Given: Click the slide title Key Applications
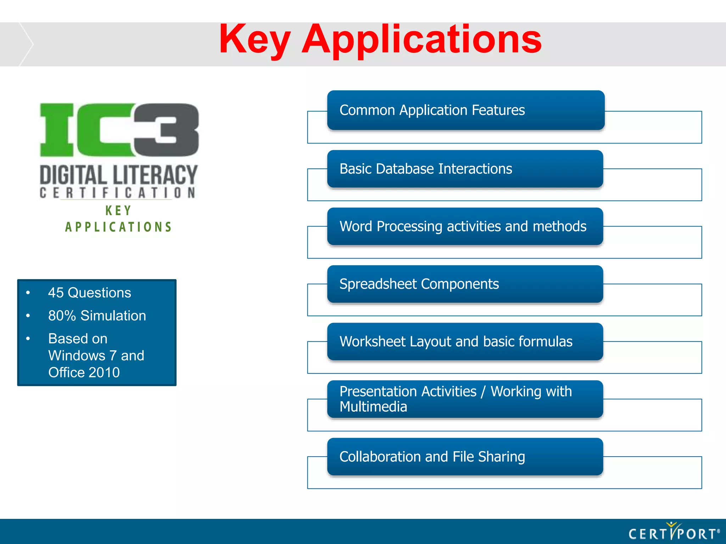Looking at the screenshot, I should (380, 40).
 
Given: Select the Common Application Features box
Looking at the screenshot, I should (465, 110).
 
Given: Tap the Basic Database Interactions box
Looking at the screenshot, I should (465, 169).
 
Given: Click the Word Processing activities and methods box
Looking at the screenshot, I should (465, 226).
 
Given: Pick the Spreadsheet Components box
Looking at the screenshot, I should (465, 284).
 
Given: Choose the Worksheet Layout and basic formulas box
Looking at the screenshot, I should (465, 342).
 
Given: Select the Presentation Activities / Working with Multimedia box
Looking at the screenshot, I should (465, 399).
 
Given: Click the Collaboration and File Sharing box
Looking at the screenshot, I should (465, 457).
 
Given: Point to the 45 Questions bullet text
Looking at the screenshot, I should (89, 293).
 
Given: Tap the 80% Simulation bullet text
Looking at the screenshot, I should (97, 316).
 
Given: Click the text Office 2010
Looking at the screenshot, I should (84, 373).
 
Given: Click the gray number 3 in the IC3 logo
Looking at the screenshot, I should (167, 130).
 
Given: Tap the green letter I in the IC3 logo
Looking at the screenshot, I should (57, 130).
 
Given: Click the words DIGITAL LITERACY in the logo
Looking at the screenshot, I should (118, 175).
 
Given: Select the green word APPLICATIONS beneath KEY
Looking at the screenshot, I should (118, 227).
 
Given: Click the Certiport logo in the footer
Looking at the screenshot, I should (674, 532).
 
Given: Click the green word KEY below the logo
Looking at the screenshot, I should (118, 211).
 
